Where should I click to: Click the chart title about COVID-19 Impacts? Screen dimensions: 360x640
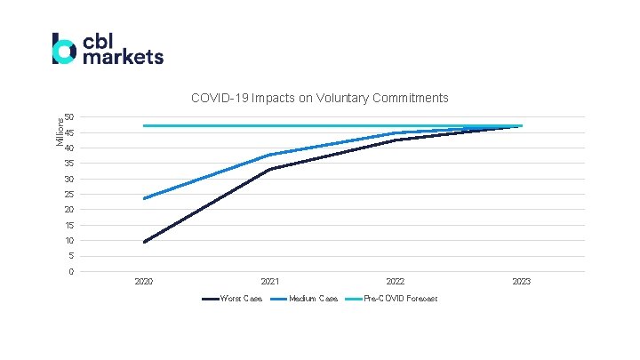[320, 98]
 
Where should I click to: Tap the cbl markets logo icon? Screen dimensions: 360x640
[64, 49]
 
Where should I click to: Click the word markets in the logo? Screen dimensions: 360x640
[122, 57]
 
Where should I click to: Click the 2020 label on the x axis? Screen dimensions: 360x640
[144, 282]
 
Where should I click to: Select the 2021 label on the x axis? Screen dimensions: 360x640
[269, 282]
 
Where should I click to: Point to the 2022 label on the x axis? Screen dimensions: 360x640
[396, 282]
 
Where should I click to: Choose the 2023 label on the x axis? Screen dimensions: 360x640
[521, 282]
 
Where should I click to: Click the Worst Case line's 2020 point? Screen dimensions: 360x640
[144, 242]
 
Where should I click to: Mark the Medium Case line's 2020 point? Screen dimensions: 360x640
[144, 198]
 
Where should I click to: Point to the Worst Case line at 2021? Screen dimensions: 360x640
[269, 169]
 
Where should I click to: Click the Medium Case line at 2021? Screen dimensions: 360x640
[269, 155]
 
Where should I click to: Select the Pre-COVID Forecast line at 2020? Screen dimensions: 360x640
[144, 125]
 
